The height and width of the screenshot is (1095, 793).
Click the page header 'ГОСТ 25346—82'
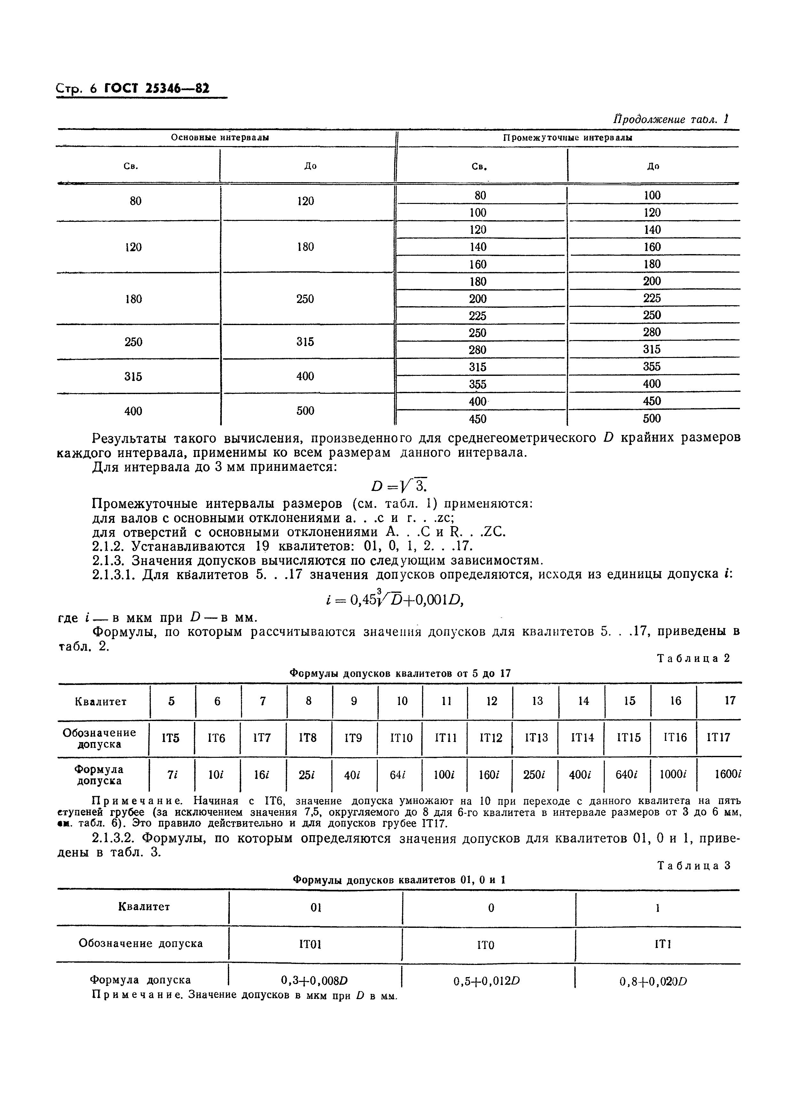[157, 88]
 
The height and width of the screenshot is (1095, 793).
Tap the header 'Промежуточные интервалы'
[567, 138]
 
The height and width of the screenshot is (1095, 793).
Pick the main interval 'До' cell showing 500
[305, 411]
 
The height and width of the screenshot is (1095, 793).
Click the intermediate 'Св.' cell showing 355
[478, 384]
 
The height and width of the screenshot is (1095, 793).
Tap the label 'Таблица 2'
[694, 658]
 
